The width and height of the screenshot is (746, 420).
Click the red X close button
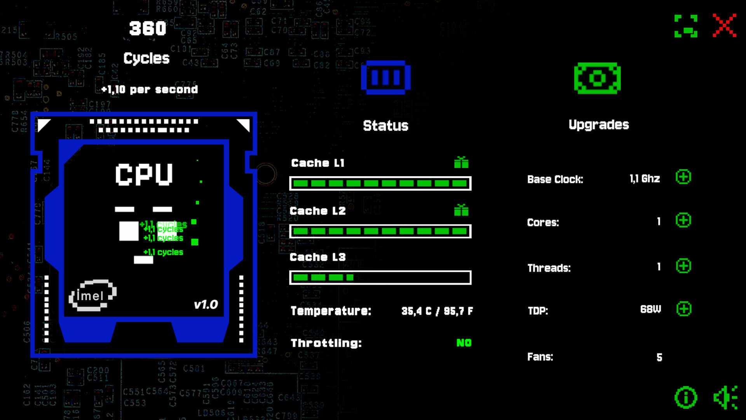pyautogui.click(x=724, y=26)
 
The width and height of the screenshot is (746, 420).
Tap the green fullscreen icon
pyautogui.click(x=686, y=26)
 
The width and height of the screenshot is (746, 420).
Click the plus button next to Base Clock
pyautogui.click(x=683, y=177)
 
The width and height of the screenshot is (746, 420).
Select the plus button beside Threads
pyautogui.click(x=683, y=266)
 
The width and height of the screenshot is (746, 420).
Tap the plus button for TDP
pyautogui.click(x=683, y=309)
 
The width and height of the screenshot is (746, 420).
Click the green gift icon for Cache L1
pyautogui.click(x=461, y=162)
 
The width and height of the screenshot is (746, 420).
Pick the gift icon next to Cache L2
pyautogui.click(x=461, y=210)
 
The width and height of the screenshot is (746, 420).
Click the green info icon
pyautogui.click(x=686, y=397)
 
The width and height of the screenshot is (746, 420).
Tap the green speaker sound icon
pyautogui.click(x=725, y=397)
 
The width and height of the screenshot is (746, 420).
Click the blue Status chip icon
pyautogui.click(x=385, y=77)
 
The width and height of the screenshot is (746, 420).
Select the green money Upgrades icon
pyautogui.click(x=597, y=78)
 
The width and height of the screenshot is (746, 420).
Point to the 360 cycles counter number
pyautogui.click(x=148, y=28)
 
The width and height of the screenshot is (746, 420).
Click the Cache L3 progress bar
pyautogui.click(x=380, y=278)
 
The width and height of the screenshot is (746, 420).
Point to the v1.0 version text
pyautogui.click(x=206, y=304)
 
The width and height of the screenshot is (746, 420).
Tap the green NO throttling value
pyautogui.click(x=464, y=343)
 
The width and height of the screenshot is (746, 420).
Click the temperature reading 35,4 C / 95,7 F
pyautogui.click(x=437, y=311)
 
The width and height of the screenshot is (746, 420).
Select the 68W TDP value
pyautogui.click(x=650, y=309)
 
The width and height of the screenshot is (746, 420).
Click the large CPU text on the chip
pyautogui.click(x=144, y=174)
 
